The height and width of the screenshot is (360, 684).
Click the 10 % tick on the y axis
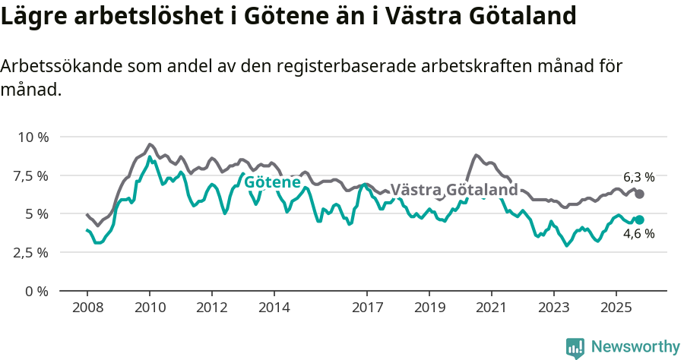(x=33, y=137)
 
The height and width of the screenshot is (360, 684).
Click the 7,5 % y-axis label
(x=31, y=175)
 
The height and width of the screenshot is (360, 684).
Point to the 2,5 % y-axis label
(x=31, y=252)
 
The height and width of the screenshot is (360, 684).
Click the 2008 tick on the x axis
(x=87, y=309)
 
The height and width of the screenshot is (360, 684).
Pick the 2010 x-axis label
(x=149, y=309)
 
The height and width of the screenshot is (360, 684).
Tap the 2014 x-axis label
(x=274, y=309)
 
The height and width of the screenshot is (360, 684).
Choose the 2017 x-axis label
(x=367, y=309)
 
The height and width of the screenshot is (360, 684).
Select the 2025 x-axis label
(x=616, y=309)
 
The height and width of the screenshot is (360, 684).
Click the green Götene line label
(x=272, y=182)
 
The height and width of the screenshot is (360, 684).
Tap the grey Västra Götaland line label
(x=454, y=190)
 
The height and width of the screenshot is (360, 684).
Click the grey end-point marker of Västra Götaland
(x=640, y=194)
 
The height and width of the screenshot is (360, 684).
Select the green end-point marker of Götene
(x=640, y=220)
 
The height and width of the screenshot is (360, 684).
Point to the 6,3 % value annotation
(x=638, y=177)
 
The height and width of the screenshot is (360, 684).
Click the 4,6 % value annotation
(x=638, y=234)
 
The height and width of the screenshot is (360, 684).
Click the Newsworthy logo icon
(x=575, y=347)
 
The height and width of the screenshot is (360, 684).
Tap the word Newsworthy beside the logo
(x=635, y=347)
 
